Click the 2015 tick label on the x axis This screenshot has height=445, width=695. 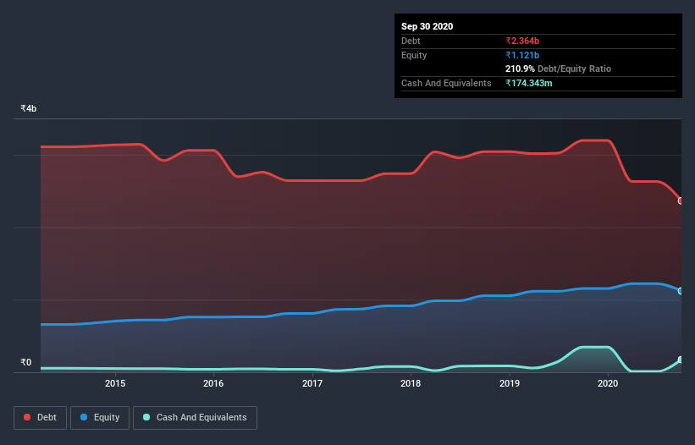click(115, 383)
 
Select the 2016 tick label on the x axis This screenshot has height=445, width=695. click(213, 383)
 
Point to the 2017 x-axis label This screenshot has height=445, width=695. click(312, 383)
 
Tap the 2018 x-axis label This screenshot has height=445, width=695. click(411, 383)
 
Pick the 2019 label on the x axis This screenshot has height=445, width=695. click(510, 383)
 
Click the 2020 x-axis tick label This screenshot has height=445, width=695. click(608, 383)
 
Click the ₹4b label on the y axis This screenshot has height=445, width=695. click(29, 108)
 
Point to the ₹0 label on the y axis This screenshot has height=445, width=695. click(26, 363)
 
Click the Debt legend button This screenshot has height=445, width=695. click(40, 417)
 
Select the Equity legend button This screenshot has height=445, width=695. click(100, 417)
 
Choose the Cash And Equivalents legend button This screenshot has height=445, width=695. click(195, 417)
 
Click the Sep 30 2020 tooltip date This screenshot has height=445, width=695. click(427, 26)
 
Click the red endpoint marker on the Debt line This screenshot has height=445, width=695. click(681, 201)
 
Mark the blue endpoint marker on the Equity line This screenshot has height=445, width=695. click(681, 291)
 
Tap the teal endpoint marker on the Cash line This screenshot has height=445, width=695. click(681, 360)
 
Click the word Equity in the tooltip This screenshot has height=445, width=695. click(414, 55)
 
